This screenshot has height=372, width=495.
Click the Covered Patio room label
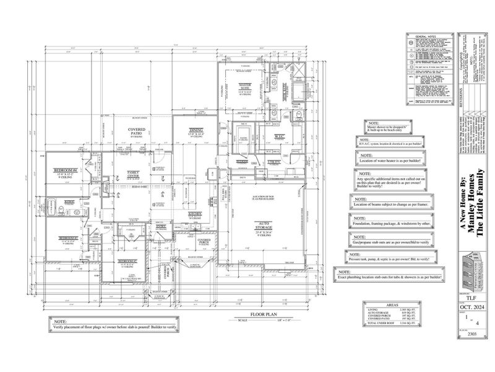(x=137, y=131)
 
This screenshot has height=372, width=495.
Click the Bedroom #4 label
(x=65, y=169)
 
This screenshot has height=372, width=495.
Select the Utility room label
(x=275, y=162)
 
